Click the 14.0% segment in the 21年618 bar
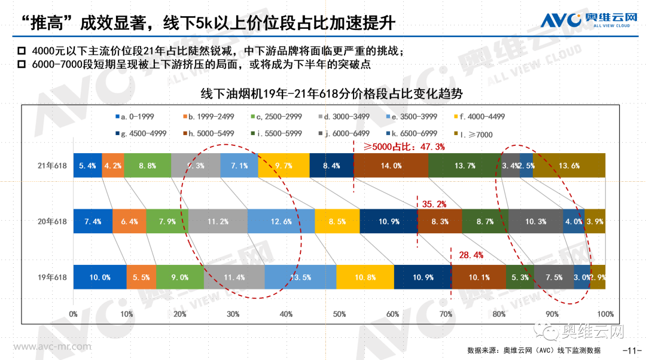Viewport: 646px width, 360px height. pos(391,166)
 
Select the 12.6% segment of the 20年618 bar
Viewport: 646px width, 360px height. pos(281,221)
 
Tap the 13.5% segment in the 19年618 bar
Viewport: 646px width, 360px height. pos(300,277)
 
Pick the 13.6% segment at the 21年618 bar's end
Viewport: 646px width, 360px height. pos(568,166)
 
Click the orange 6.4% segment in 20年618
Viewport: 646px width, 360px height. pos(129,221)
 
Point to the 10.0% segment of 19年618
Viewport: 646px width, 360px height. pos(99,277)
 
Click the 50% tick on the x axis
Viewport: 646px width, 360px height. pos(339,313)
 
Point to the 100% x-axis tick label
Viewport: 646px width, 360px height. pos(605,313)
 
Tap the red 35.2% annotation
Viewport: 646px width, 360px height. pos(435,204)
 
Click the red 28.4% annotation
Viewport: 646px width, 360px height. pos(471,255)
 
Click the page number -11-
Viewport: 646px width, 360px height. pos(632,350)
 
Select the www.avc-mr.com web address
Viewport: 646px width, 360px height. pos(53,346)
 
